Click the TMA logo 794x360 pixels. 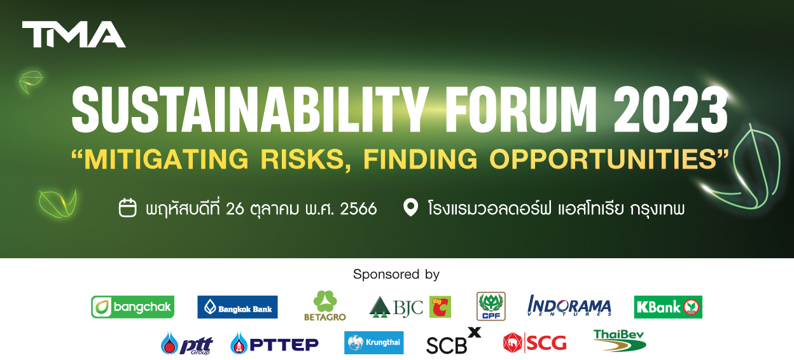click(x=74, y=34)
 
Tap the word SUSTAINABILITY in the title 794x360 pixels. click(x=249, y=110)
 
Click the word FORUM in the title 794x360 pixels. click(x=520, y=110)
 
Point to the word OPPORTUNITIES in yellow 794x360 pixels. click(x=604, y=159)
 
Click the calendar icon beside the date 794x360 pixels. click(x=128, y=207)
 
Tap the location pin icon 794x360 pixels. click(x=410, y=207)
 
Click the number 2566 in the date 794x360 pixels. click(x=358, y=209)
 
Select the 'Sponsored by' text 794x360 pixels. click(x=396, y=274)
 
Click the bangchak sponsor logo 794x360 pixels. click(x=132, y=307)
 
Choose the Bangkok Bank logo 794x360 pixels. click(x=237, y=307)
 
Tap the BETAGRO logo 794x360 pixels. click(x=325, y=306)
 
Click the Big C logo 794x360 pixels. click(x=440, y=307)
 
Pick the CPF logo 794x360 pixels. click(x=491, y=306)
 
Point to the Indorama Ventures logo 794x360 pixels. click(x=569, y=305)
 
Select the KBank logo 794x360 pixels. click(x=668, y=307)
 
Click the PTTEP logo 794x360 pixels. click(x=275, y=343)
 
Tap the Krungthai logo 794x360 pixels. click(x=374, y=343)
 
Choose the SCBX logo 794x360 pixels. click(x=454, y=341)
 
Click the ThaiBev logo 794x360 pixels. click(x=620, y=340)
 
